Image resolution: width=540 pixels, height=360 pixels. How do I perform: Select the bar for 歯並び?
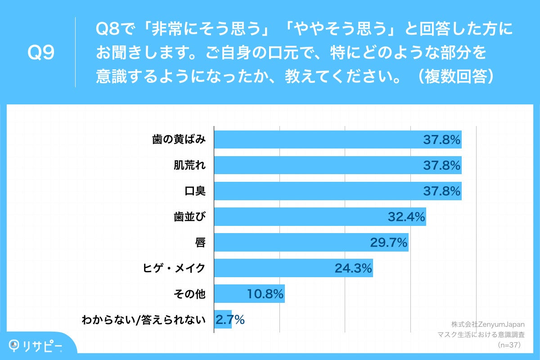[x=319, y=217]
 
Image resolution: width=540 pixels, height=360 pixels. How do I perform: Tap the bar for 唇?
[x=311, y=243]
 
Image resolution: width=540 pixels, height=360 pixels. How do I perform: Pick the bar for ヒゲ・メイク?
[x=293, y=268]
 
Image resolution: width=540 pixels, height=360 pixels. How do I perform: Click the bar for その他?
[x=249, y=294]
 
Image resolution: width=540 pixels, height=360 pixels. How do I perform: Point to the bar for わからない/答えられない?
[x=222, y=319]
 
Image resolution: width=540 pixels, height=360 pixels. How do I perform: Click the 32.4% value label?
[x=406, y=217]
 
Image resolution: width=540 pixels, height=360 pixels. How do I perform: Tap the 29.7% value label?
[x=389, y=243]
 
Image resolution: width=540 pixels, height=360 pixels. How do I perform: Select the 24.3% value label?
[x=353, y=269]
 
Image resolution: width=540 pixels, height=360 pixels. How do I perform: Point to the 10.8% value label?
[x=265, y=294]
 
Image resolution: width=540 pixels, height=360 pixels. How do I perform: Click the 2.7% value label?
[x=230, y=320]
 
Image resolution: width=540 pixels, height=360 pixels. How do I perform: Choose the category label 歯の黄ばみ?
[x=179, y=139]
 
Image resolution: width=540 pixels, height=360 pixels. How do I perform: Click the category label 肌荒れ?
[x=189, y=165]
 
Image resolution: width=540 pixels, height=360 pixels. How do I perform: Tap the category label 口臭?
[x=195, y=191]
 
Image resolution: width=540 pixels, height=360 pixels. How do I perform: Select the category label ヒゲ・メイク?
[x=174, y=268]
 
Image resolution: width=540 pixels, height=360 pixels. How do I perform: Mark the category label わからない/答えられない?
[x=143, y=320]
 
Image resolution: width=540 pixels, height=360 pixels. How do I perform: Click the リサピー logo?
[x=37, y=345]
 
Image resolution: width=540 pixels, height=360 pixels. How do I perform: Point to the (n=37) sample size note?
[x=509, y=345]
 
